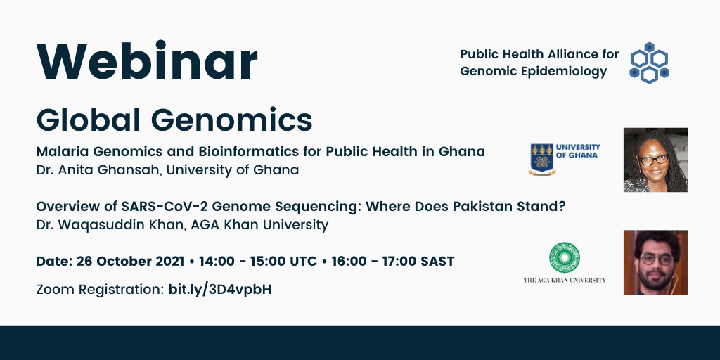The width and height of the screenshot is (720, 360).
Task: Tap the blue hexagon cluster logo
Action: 649,63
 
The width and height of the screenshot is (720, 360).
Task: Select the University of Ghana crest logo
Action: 541,159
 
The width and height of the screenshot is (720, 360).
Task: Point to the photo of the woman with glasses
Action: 655,160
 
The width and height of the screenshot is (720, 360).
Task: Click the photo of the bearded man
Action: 655,262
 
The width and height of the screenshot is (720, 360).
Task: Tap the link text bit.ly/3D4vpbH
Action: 220,289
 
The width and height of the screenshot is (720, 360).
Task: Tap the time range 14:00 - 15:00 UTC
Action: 258,262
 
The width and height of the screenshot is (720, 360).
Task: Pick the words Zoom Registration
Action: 99,289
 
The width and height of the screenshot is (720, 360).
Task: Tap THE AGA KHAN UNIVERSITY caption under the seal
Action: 565,280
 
